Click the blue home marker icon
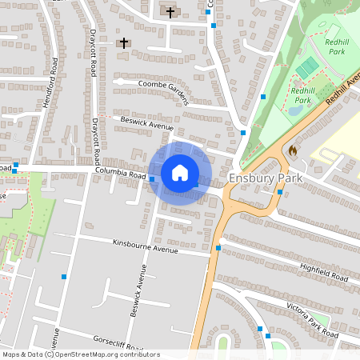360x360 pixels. pyautogui.click(x=180, y=173)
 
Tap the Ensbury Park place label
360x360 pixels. pyautogui.click(x=266, y=178)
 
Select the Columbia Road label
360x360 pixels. pyautogui.click(x=120, y=173)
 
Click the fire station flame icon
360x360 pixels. pyautogui.click(x=293, y=149)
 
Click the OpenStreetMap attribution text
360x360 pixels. pyautogui.click(x=81, y=354)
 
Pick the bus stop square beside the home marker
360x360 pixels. pyautogui.click(x=152, y=179)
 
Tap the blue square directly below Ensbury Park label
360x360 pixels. pyautogui.click(x=280, y=192)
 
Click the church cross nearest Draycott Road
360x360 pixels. pyautogui.click(x=123, y=43)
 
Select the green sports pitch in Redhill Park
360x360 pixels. pyautogui.click(x=308, y=67)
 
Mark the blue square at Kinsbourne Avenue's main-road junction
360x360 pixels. pyautogui.click(x=218, y=248)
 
